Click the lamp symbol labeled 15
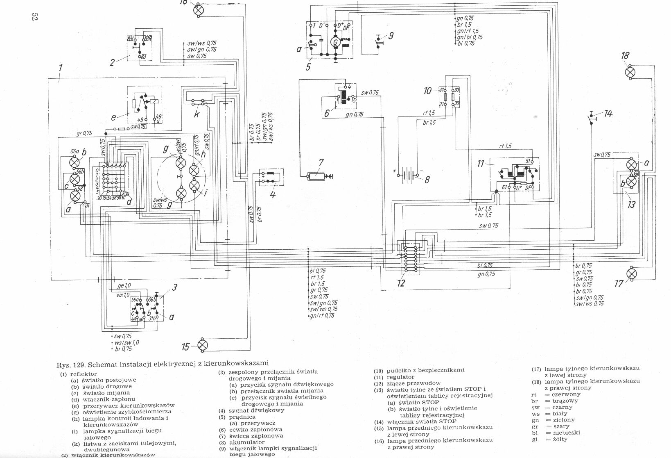pos(203,345)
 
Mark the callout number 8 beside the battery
pos(427,179)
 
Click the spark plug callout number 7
pos(321,163)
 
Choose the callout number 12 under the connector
pos(401,283)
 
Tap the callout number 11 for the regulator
pos(481,164)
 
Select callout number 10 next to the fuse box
pos(427,91)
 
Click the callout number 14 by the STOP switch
pos(608,114)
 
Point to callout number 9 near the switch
pos(391,35)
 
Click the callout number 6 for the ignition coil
pos(327,113)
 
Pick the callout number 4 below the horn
pos(273,194)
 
